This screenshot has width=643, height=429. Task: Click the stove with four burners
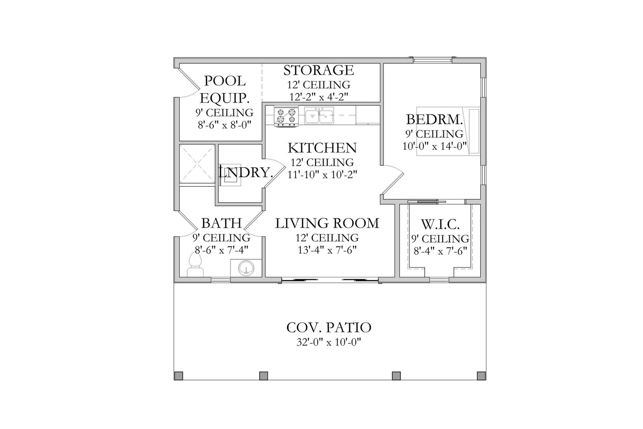pyautogui.click(x=286, y=117)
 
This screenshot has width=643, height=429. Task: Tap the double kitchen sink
pyautogui.click(x=319, y=117)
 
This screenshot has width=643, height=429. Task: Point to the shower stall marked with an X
pyautogui.click(x=197, y=164)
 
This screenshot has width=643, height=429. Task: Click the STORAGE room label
pyautogui.click(x=319, y=71)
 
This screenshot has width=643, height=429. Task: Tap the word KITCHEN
pyautogui.click(x=322, y=148)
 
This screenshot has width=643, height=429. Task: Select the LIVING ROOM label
pyautogui.click(x=327, y=223)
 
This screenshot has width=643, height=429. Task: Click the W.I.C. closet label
pyautogui.click(x=440, y=225)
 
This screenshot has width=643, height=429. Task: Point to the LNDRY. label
pyautogui.click(x=246, y=172)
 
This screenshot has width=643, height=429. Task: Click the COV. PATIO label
pyautogui.click(x=329, y=327)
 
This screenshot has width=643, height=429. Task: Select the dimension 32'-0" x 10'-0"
pyautogui.click(x=329, y=342)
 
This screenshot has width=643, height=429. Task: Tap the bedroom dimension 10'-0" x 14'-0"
pyautogui.click(x=435, y=146)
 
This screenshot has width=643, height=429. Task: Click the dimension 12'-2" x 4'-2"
pyautogui.click(x=319, y=97)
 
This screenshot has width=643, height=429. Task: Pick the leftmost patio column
pyautogui.click(x=179, y=375)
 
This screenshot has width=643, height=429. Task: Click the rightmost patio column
pyautogui.click(x=481, y=375)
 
